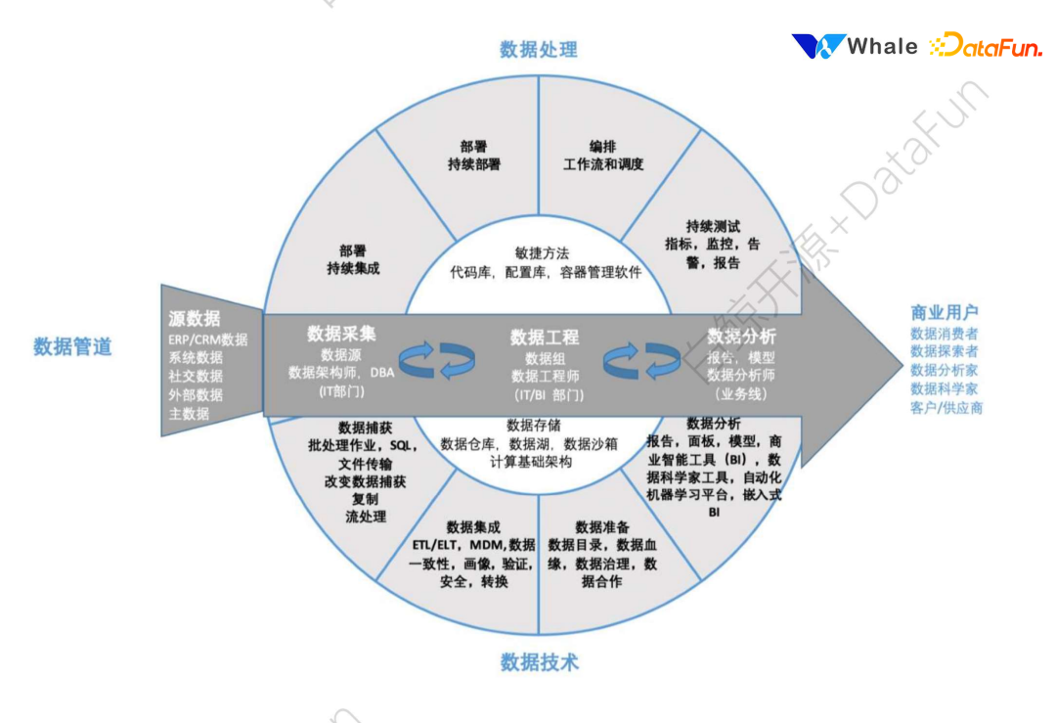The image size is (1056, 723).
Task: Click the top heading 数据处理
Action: coord(538,49)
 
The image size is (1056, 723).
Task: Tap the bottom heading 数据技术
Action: coord(540,662)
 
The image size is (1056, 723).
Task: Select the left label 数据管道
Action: coord(72,346)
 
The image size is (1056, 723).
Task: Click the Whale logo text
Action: coord(882,46)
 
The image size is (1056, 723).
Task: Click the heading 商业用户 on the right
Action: coord(945,313)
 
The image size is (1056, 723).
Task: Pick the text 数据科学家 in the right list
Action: coord(945,388)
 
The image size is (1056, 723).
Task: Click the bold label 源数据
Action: coord(194,319)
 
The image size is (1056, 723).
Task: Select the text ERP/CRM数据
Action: coord(207,339)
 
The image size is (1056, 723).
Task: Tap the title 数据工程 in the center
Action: coord(545,338)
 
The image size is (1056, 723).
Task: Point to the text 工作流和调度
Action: coord(603,164)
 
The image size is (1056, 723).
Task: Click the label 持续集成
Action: coord(353,268)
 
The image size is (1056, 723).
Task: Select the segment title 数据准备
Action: coord(602,526)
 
